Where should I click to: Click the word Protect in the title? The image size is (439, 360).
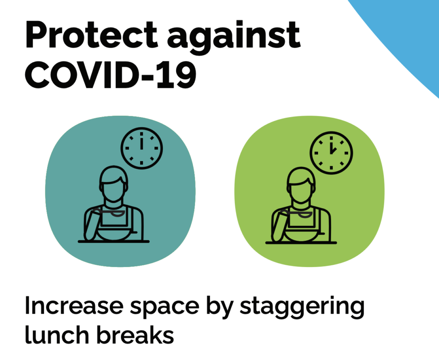pyautogui.click(x=91, y=35)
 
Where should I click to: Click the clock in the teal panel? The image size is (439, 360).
pyautogui.click(x=141, y=148)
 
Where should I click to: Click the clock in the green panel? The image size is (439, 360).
pyautogui.click(x=331, y=153)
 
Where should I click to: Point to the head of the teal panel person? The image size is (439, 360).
pyautogui.click(x=114, y=184)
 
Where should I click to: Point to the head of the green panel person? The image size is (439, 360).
pyautogui.click(x=301, y=185)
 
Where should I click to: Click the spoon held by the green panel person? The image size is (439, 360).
pyautogui.click(x=297, y=214)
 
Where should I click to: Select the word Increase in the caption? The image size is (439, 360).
pyautogui.click(x=74, y=306)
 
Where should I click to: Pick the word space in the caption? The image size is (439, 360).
pyautogui.click(x=165, y=309)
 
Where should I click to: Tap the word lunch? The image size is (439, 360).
pyautogui.click(x=57, y=334)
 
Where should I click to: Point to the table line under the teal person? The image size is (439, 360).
pyautogui.click(x=114, y=241)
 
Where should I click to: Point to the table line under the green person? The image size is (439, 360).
pyautogui.click(x=301, y=243)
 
